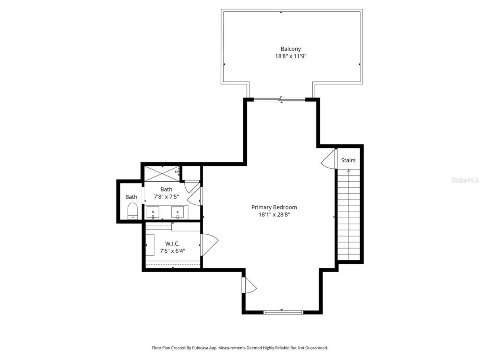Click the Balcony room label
pos(291,49)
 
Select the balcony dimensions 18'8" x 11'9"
pos(291,56)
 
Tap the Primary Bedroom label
pos(274,207)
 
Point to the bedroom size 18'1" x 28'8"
pos(274,215)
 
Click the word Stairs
pos(348,160)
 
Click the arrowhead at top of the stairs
pos(349,171)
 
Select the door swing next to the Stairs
pos(329,159)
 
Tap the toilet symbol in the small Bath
pos(133,211)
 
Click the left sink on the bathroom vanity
pos(153,212)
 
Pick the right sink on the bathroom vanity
pos(177,212)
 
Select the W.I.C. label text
pos(172,244)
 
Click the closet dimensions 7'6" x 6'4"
pos(172,251)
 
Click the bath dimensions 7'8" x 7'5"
pos(166,196)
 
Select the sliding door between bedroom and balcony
pos(280,99)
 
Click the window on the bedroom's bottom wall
pos(283,312)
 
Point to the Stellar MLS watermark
pos(465,180)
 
